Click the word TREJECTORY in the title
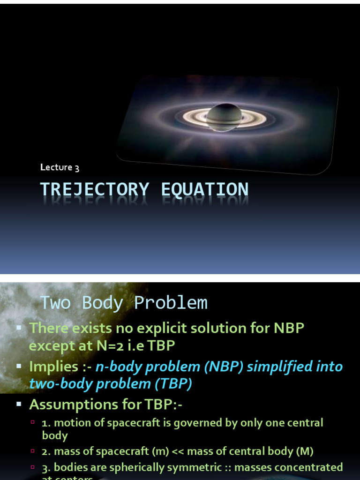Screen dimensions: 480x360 point(94,190)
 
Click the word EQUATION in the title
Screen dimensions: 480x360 point(204,190)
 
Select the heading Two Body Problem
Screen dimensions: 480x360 point(123,303)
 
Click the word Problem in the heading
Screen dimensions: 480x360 point(171,303)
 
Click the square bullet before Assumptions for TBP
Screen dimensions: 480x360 point(19,404)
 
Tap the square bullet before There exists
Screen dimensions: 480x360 point(19,328)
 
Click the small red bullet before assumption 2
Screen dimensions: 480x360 point(33,451)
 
